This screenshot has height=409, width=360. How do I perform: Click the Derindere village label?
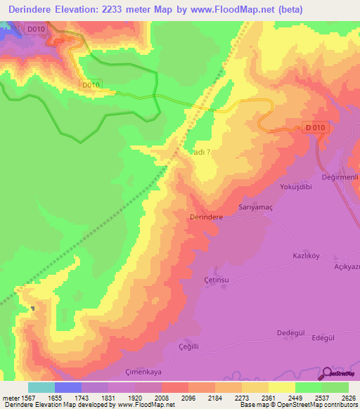pos(207,218)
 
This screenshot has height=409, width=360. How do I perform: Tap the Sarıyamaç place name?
pos(255,208)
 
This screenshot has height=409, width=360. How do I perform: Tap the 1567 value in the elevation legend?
pos(28,398)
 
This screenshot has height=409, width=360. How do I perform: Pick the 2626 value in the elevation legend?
pos(348,398)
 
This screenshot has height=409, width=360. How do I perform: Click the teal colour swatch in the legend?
pos(41,387)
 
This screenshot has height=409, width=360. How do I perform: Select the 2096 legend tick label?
pos(188,398)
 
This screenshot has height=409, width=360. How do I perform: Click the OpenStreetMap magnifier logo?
pos(328,375)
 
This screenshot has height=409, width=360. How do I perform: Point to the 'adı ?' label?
pos(201,151)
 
